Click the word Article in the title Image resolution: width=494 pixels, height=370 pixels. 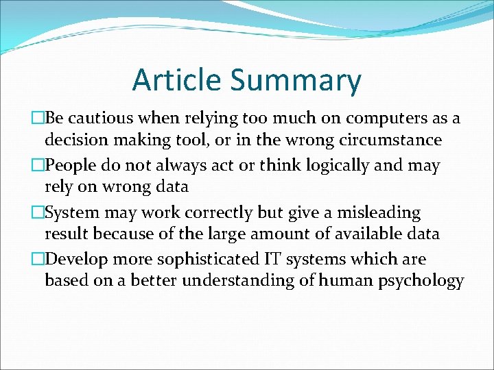tap(177, 79)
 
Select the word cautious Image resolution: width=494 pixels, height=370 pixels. tap(97, 119)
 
